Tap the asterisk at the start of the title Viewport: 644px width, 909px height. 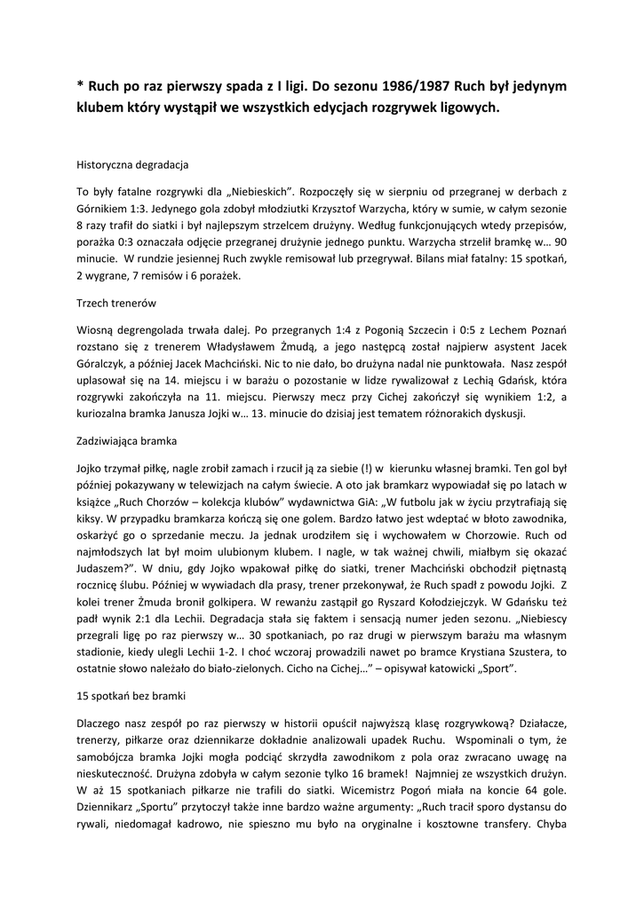click(80, 87)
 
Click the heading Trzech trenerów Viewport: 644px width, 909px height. click(116, 304)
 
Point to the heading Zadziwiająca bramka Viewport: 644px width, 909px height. click(127, 440)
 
